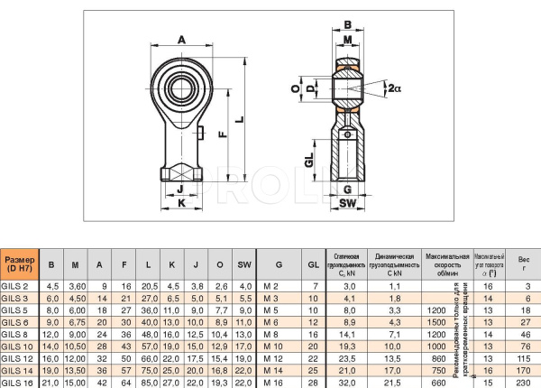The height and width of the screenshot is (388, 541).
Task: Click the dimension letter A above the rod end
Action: pyautogui.click(x=181, y=40)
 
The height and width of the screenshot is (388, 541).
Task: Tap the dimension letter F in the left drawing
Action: pyautogui.click(x=222, y=133)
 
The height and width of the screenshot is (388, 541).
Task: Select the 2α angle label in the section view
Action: pyautogui.click(x=396, y=87)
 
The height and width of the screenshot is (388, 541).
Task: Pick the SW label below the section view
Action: pyautogui.click(x=348, y=204)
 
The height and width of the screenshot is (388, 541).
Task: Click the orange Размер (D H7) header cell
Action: pyautogui.click(x=20, y=263)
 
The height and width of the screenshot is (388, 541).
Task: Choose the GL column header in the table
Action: pyautogui.click(x=313, y=263)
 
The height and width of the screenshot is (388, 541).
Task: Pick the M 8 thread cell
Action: pyautogui.click(x=270, y=333)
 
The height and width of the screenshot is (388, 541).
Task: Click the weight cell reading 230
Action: pyautogui.click(x=524, y=382)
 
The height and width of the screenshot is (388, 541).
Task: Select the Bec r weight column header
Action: pyautogui.click(x=524, y=263)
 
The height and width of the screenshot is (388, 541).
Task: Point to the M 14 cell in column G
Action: pyautogui.click(x=271, y=369)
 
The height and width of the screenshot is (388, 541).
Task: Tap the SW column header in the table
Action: pyautogui.click(x=243, y=263)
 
